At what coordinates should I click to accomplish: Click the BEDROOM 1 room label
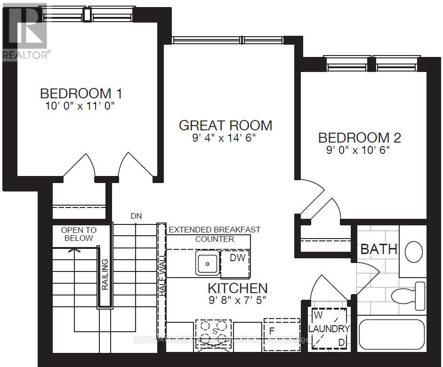coord(81,93)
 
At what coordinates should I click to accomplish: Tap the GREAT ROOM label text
coord(226,126)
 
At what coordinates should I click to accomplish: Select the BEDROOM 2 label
coord(360,138)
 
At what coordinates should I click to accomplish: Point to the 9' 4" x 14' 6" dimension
coord(226,138)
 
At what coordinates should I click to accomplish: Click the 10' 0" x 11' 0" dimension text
coord(80,106)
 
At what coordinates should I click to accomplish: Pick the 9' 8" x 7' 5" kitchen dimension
coord(237,299)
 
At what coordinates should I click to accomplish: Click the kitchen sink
coord(207,263)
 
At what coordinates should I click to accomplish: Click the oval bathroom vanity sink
coord(414,252)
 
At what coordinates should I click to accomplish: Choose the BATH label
coord(379,248)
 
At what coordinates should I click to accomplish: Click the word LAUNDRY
coord(330,329)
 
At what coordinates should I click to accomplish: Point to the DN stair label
coord(136,215)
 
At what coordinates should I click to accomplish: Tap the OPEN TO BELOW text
coord(79,234)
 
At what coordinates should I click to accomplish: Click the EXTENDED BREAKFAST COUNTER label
coord(214,234)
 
